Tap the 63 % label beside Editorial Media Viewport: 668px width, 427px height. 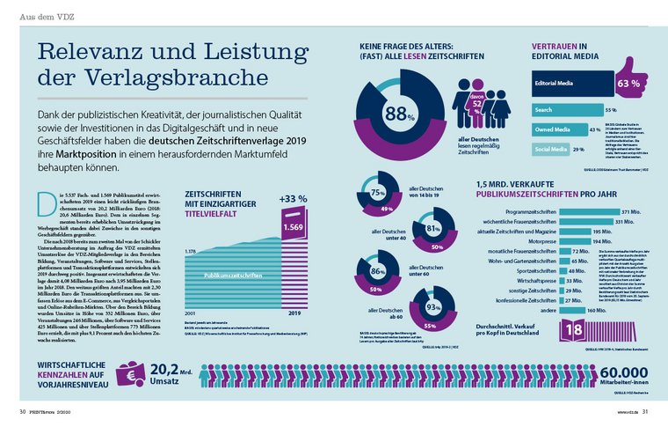[628, 85]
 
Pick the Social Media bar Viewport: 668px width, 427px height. [546, 150]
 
